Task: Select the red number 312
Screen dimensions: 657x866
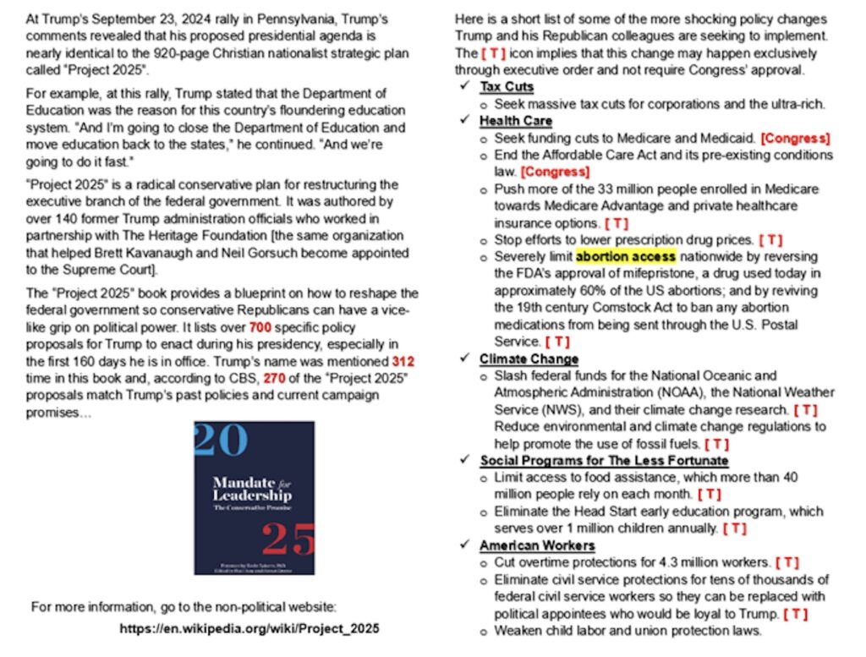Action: pos(403,361)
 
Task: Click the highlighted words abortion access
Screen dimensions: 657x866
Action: pos(626,256)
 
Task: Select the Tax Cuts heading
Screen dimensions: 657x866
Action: pos(507,87)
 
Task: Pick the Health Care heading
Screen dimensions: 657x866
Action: pos(516,121)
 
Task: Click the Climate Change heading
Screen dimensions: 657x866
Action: pos(529,359)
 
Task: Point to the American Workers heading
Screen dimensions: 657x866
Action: pos(537,545)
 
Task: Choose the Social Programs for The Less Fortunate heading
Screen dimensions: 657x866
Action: pos(604,461)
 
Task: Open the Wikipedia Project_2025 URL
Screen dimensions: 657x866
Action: pos(249,629)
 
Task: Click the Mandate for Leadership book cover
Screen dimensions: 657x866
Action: pos(254,498)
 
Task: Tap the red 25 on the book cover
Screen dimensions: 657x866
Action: pos(288,539)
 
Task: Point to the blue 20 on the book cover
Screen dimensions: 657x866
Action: pos(221,440)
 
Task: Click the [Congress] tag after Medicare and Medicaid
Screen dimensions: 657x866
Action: pos(795,138)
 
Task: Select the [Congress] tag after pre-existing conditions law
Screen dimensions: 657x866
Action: pos(555,172)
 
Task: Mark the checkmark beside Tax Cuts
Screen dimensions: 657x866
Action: pos(464,87)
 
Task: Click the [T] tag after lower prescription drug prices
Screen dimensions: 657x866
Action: pos(770,240)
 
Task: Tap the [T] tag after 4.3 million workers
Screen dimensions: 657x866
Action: pos(787,563)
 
